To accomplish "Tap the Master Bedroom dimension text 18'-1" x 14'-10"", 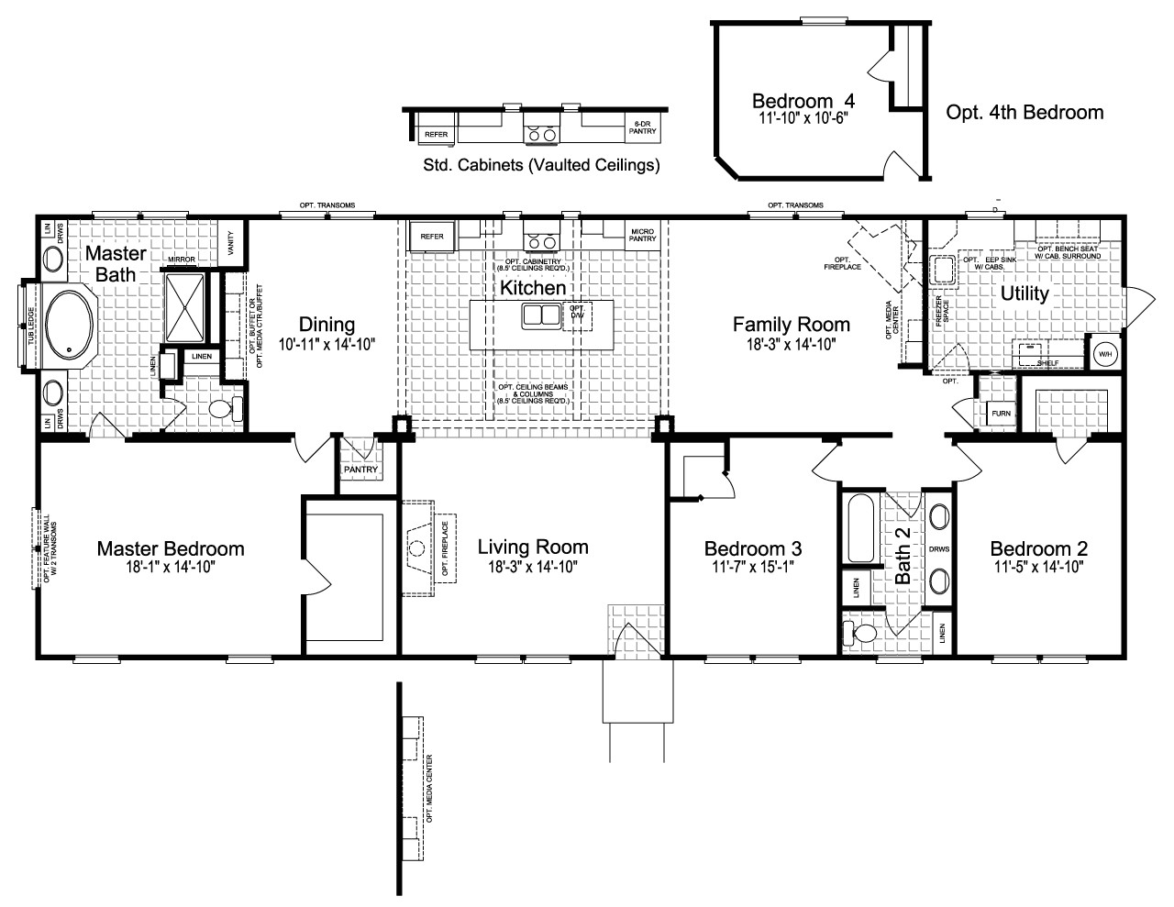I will point(171,567).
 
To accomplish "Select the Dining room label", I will point(327,324).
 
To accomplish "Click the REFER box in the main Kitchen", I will point(432,236).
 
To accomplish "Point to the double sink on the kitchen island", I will point(541,316).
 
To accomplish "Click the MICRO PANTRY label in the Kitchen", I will point(642,235).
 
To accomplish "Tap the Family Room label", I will point(791,324).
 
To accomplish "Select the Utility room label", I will point(1024,293).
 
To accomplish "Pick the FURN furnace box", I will point(1001,414).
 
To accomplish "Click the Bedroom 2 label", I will point(1038,548).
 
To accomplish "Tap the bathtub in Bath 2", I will point(860,528).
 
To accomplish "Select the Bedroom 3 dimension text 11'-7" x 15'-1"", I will point(752,567).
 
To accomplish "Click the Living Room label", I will point(532,548).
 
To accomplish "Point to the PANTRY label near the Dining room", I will point(360,470).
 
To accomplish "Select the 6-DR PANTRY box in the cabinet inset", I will point(642,128).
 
